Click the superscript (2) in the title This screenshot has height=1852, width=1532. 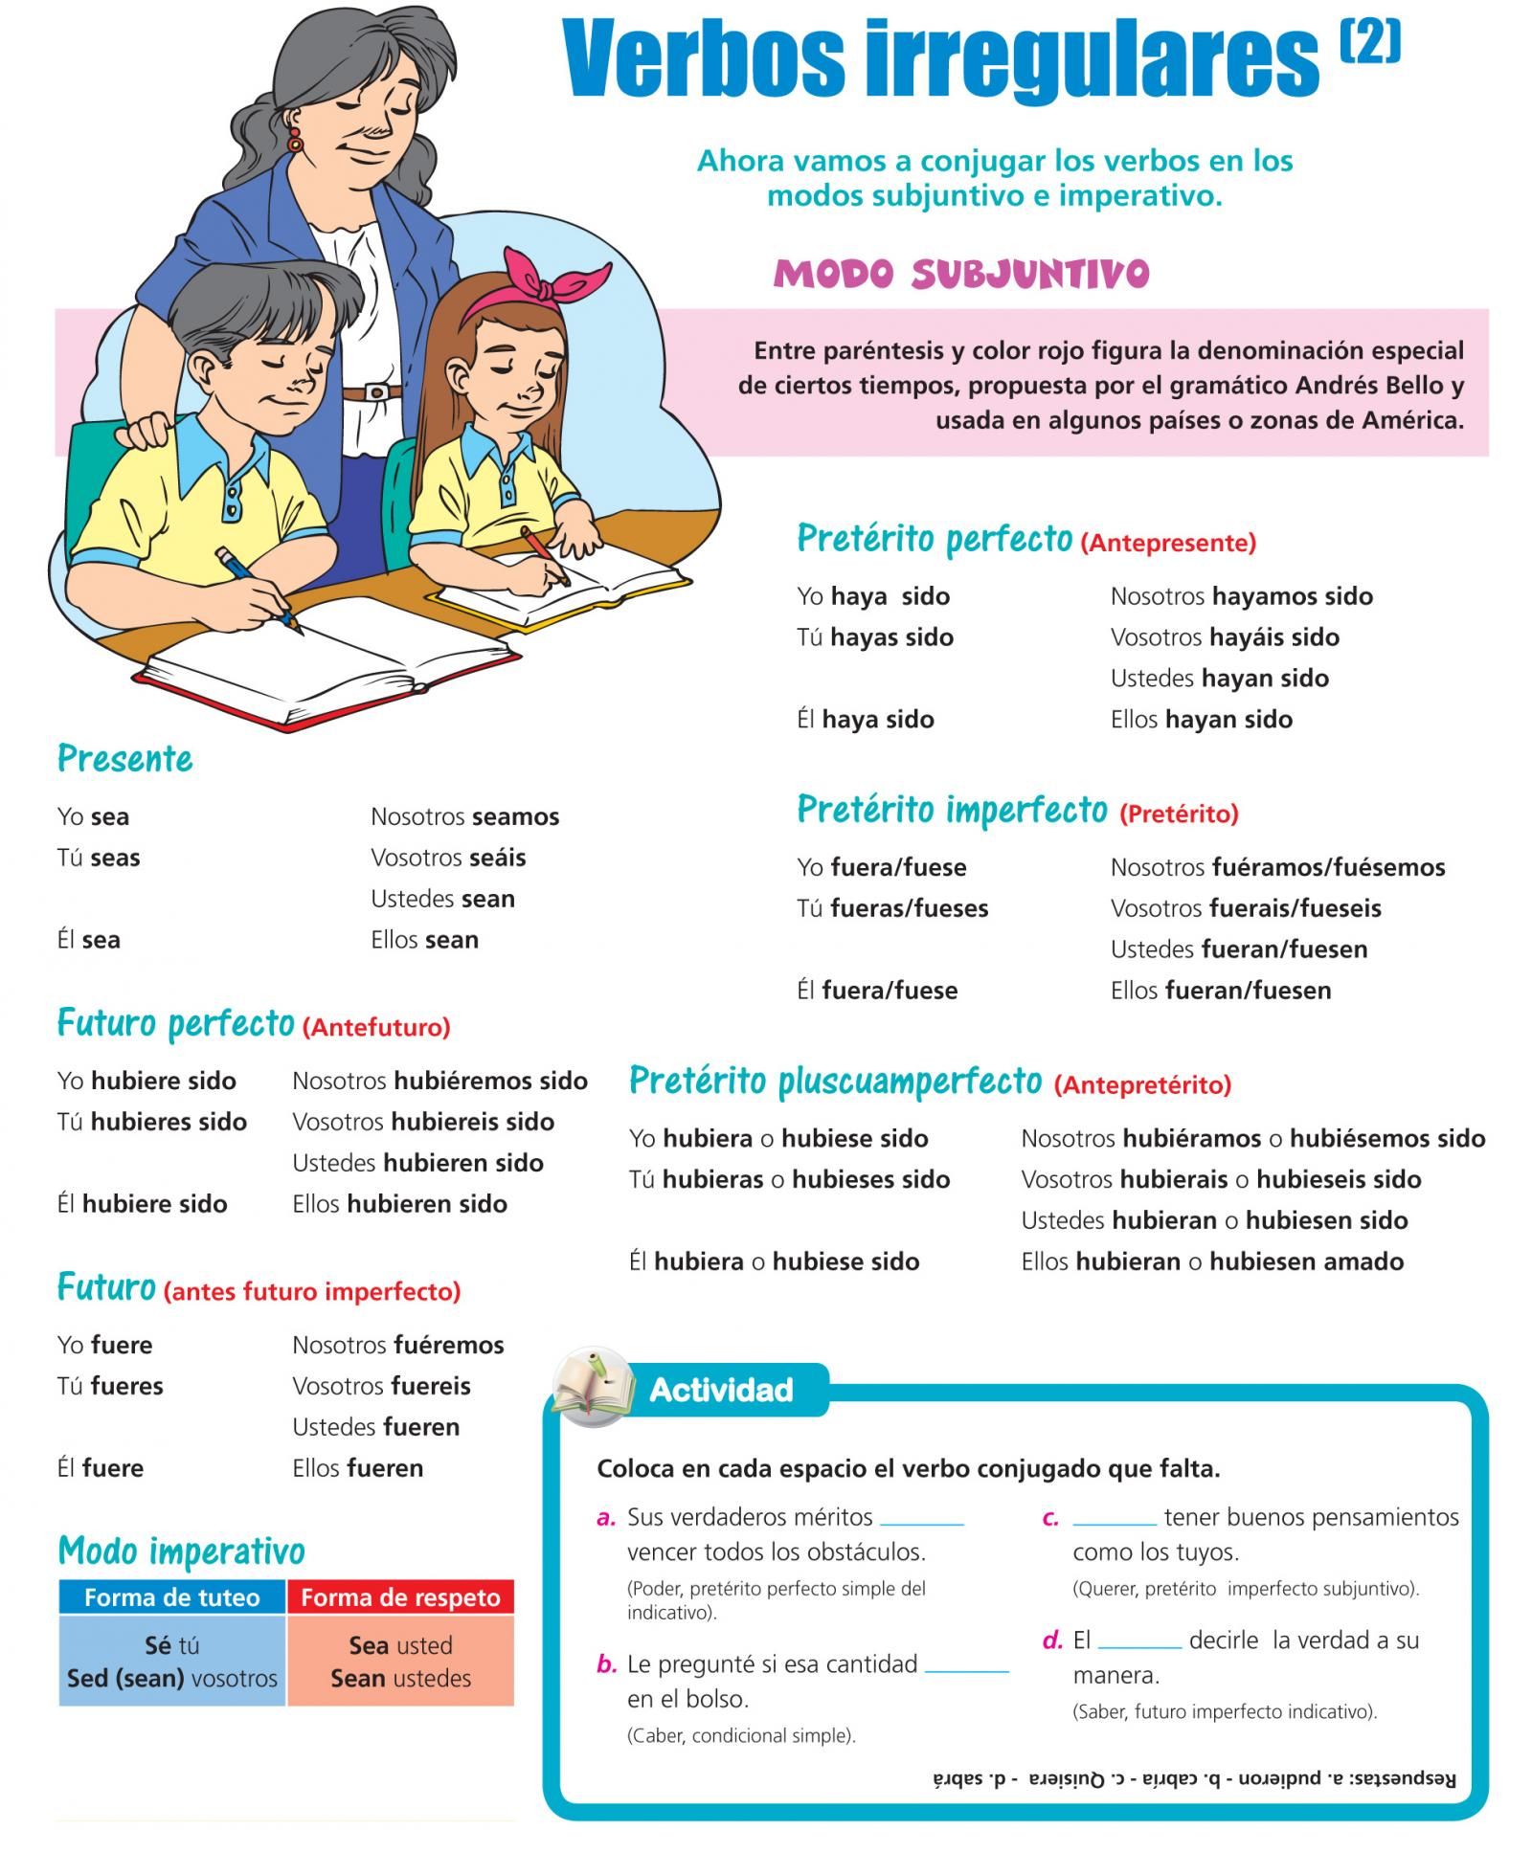[x=1370, y=42]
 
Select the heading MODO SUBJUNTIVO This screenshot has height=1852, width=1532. [x=960, y=274]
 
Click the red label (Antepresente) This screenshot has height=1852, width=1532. [x=1168, y=543]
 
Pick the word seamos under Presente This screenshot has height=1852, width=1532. [x=515, y=816]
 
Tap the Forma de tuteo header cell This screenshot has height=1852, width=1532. [x=172, y=1596]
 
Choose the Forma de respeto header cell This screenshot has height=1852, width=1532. [x=400, y=1596]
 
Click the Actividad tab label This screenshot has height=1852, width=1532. [x=721, y=1389]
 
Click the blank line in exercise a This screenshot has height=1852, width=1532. [x=921, y=1522]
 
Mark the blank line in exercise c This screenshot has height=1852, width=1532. [x=1115, y=1522]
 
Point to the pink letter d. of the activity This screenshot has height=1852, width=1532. [x=1053, y=1640]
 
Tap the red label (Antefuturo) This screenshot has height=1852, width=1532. [x=376, y=1027]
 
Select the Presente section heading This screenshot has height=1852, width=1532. [x=125, y=758]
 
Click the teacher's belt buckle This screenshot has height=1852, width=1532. [x=375, y=391]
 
